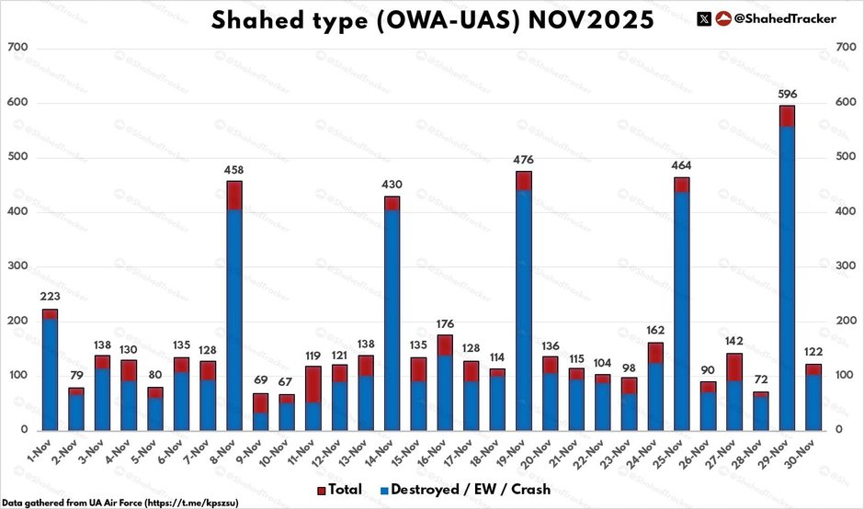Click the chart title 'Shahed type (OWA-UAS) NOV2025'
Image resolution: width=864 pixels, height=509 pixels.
pyautogui.click(x=433, y=19)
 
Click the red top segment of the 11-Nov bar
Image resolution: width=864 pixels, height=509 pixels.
pyautogui.click(x=313, y=384)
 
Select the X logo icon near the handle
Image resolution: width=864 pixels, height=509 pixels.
pyautogui.click(x=704, y=18)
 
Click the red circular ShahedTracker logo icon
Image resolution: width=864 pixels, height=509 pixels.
pyautogui.click(x=723, y=18)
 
